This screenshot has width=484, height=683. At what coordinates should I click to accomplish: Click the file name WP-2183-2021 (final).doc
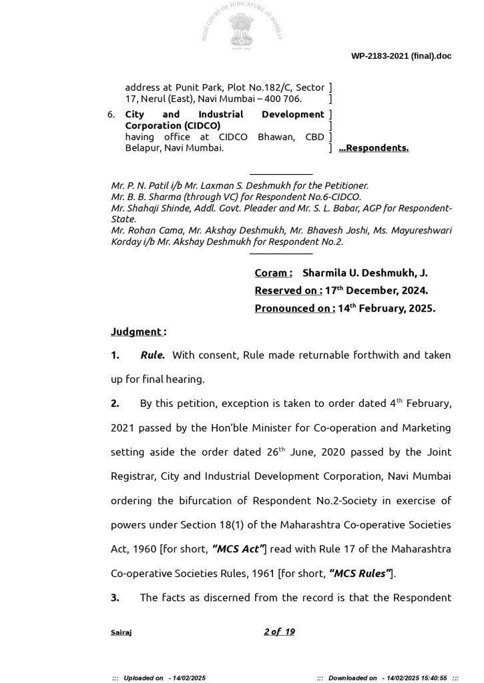click(x=401, y=56)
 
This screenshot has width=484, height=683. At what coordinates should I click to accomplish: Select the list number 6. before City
click(x=111, y=115)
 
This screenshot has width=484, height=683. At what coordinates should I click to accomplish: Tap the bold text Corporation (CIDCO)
click(x=172, y=125)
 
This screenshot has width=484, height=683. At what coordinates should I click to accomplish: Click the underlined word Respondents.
click(x=377, y=148)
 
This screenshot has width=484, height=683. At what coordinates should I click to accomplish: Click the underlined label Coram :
click(x=273, y=273)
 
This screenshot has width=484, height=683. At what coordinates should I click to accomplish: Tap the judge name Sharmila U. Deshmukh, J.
click(x=365, y=273)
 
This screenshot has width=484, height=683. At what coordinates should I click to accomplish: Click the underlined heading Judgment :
click(x=138, y=331)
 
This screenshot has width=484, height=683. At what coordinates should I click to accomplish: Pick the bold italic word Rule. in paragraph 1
click(x=152, y=356)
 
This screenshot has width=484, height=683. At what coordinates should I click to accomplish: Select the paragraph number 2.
click(x=115, y=404)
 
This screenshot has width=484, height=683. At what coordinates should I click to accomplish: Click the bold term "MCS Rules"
click(x=360, y=573)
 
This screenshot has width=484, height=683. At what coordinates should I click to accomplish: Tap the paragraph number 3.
click(x=115, y=598)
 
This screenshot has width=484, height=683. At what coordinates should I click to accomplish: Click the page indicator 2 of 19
click(x=279, y=632)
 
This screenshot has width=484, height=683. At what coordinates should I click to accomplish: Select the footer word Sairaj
click(x=121, y=632)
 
